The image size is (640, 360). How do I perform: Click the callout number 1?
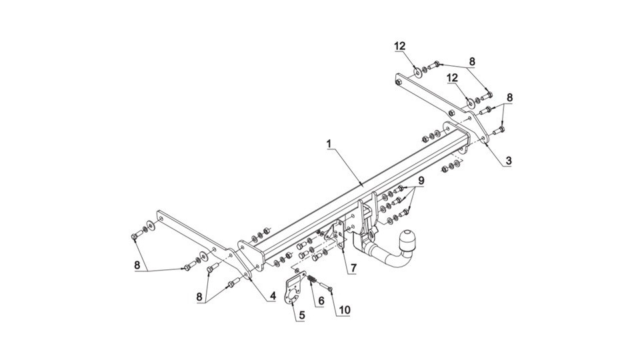[x=329, y=144]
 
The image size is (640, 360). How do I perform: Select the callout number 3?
[x=508, y=161]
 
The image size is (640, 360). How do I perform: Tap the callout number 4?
[x=273, y=295]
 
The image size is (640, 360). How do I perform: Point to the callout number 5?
[x=301, y=315]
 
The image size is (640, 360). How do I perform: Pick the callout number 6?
[x=321, y=301]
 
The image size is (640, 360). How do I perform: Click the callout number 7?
[x=353, y=268]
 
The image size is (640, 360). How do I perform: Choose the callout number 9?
[x=421, y=180]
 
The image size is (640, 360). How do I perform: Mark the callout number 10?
[x=344, y=310]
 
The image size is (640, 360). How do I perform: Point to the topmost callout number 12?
[x=400, y=46]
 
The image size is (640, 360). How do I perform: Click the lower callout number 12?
[x=452, y=77]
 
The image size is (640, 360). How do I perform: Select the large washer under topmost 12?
[x=419, y=73]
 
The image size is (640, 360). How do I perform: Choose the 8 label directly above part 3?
[x=509, y=97]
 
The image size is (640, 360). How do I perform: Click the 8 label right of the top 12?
[x=472, y=61]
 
